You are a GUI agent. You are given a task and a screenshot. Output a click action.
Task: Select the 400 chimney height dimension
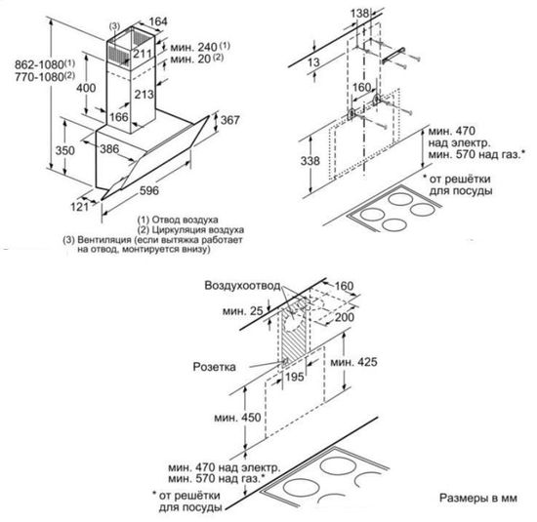tap(86, 88)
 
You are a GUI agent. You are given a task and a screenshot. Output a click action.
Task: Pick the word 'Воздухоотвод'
tap(241, 286)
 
